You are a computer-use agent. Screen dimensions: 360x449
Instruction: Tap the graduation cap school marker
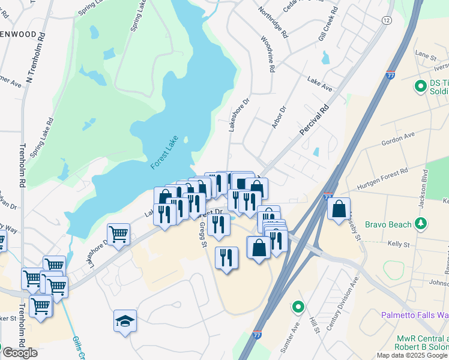[125, 322]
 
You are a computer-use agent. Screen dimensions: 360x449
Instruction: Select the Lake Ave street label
[319, 83]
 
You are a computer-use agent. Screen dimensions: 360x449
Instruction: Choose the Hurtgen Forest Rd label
[382, 178]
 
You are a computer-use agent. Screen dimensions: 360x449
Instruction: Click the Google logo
[19, 353]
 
